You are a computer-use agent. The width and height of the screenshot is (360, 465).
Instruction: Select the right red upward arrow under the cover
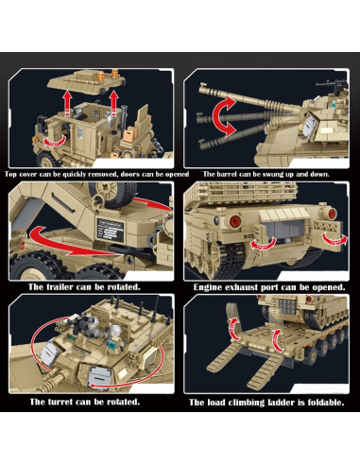pos(114,98)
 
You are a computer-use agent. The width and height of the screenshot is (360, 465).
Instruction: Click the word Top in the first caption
pos(12,175)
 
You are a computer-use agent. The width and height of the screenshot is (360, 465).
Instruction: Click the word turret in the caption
pos(62,428)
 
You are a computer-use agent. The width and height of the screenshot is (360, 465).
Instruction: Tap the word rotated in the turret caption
pos(118,428)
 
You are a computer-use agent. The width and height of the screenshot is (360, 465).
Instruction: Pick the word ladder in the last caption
pos(279,428)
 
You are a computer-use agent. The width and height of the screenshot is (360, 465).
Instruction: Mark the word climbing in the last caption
pos(245,428)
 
